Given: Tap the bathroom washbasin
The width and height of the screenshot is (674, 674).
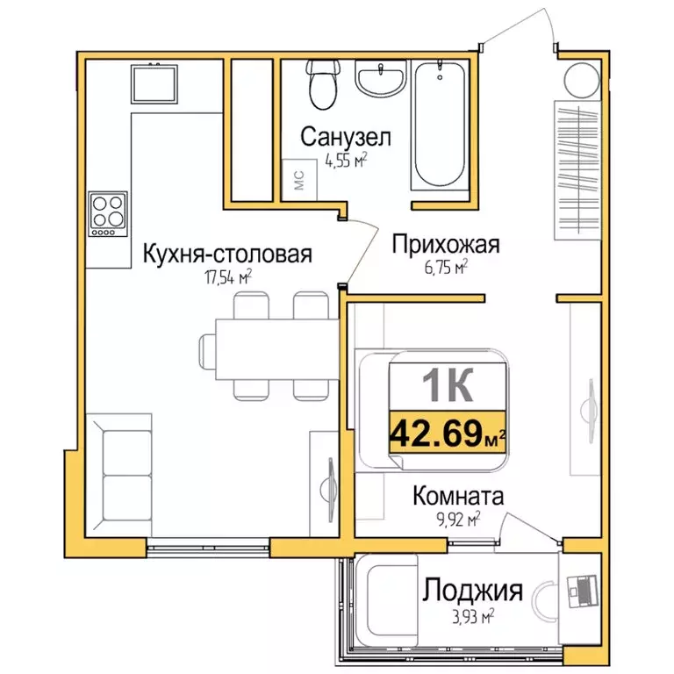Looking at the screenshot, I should (379, 80).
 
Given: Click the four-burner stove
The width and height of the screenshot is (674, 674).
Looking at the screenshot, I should (109, 213).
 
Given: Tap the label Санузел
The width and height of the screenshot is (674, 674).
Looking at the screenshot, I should (344, 137).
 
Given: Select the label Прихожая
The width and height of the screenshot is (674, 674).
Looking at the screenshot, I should (445, 244).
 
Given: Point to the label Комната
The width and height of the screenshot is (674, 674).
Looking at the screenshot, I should (458, 497).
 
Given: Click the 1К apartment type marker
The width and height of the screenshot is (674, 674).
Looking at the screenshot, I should (448, 383).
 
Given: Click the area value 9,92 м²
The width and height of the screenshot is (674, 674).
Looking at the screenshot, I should (459, 520).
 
